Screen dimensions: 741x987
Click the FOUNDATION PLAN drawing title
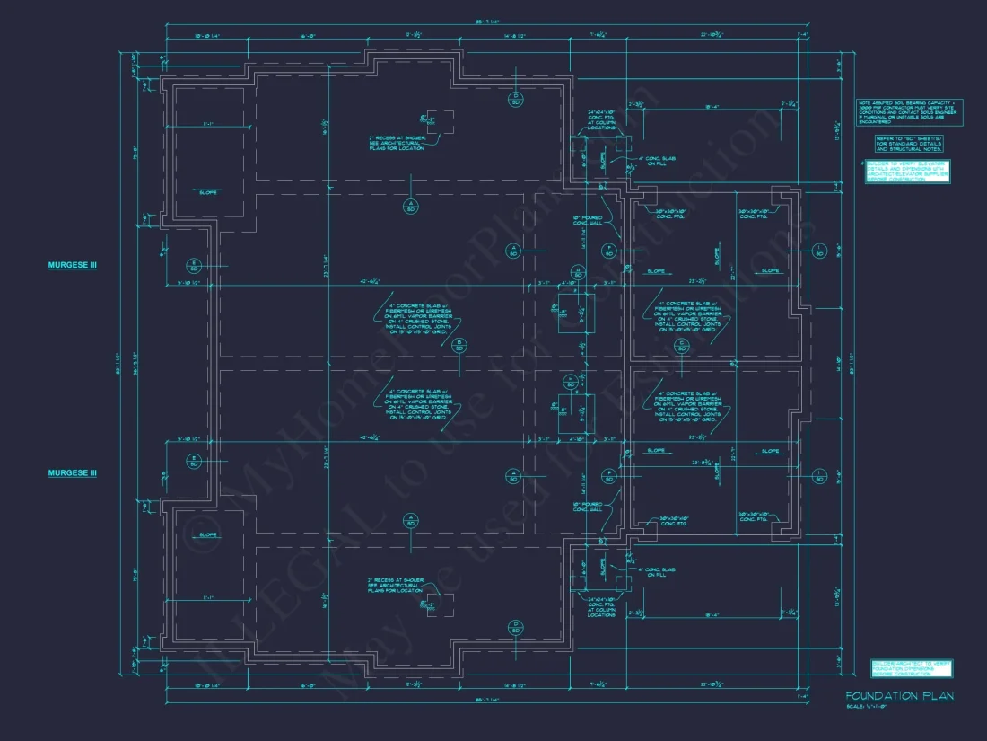(x=899, y=696)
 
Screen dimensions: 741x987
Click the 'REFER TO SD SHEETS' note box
(x=909, y=145)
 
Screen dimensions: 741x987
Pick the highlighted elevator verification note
(x=907, y=172)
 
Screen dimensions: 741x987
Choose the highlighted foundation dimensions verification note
(x=912, y=668)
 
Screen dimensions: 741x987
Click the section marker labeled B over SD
(x=458, y=344)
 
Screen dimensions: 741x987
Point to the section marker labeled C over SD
(x=682, y=345)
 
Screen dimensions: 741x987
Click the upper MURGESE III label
(x=72, y=265)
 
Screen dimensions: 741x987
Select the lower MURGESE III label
(x=72, y=472)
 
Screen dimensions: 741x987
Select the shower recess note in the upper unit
(x=394, y=142)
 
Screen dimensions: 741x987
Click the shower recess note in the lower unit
(x=392, y=585)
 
